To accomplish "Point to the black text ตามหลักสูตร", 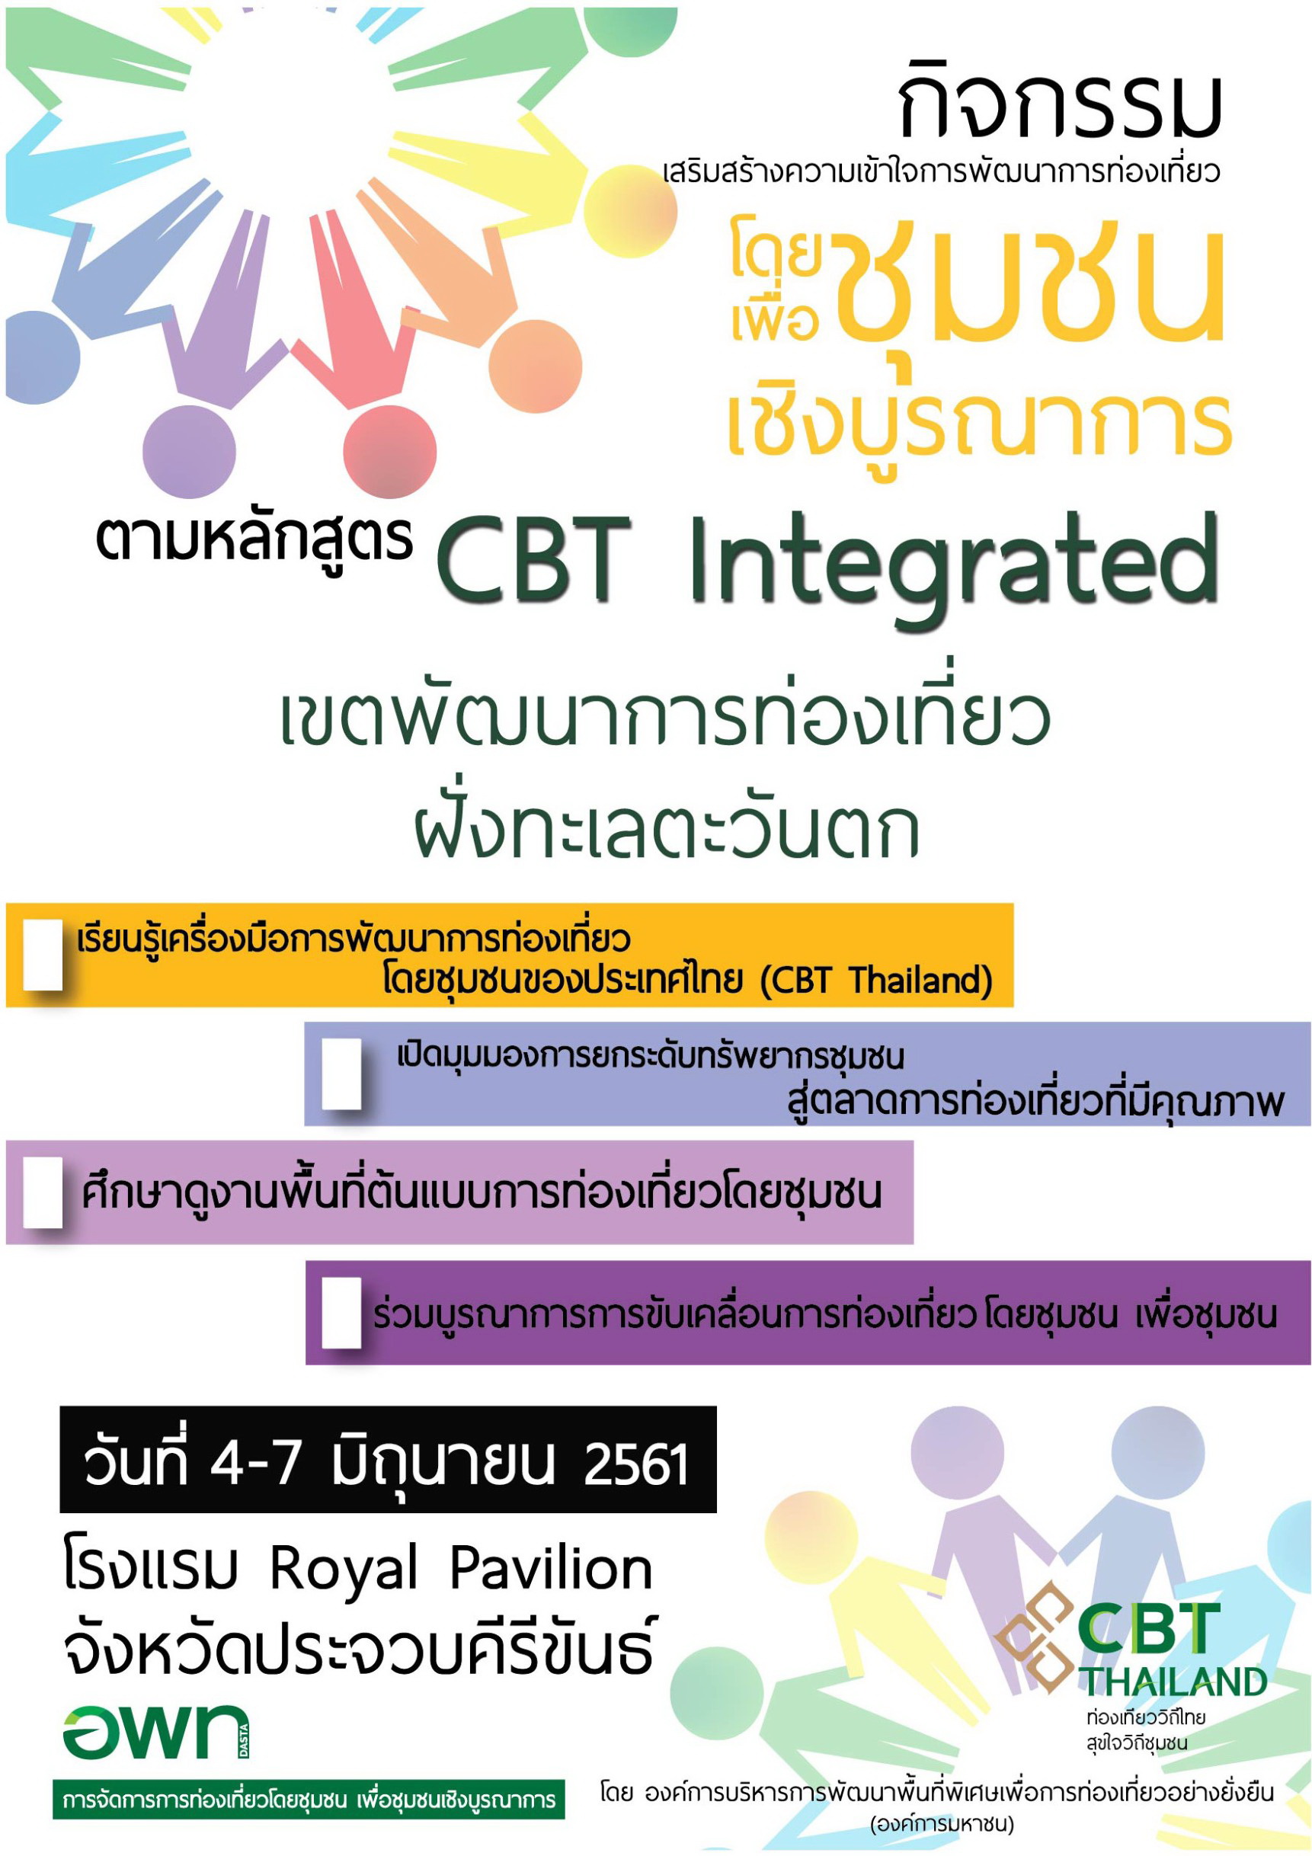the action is point(254,540).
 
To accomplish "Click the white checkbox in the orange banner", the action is point(43,954).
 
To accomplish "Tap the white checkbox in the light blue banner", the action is point(341,1074).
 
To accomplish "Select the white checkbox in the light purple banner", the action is point(43,1192).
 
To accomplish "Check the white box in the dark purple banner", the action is point(341,1312).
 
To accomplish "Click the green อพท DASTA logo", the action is point(156,1732).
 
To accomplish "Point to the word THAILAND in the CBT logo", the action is point(1175,1682).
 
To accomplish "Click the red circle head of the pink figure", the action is point(389,450).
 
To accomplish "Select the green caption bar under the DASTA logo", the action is point(309,1800).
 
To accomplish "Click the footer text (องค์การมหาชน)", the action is point(942,1825).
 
